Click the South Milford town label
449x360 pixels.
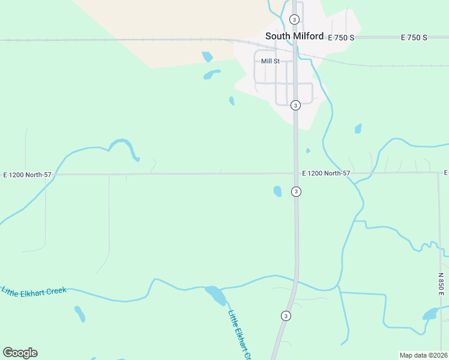pos(294,36)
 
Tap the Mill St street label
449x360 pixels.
pos(270,61)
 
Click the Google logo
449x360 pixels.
pos(20,353)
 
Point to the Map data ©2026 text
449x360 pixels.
pos(423,355)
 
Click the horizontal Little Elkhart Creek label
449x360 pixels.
pos(34,291)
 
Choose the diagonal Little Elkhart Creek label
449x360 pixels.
pos(241,333)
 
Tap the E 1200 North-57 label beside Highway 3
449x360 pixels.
pos(326,173)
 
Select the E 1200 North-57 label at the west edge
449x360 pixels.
pos(28,175)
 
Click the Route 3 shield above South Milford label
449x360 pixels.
pos(295,19)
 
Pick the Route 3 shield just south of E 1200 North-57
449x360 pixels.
pos(296,191)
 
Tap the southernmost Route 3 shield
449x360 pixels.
pos(286,316)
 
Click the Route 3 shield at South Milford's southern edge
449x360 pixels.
pos(295,106)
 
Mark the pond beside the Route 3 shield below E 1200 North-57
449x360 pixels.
pos(277,191)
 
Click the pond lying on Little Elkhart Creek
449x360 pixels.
pos(215,295)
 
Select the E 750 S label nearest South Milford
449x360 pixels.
pos(341,37)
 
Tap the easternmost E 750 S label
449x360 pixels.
pos(414,37)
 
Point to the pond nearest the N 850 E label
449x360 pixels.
pos(430,314)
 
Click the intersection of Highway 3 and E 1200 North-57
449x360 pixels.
pos(296,173)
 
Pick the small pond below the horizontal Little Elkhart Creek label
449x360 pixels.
pos(80,314)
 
